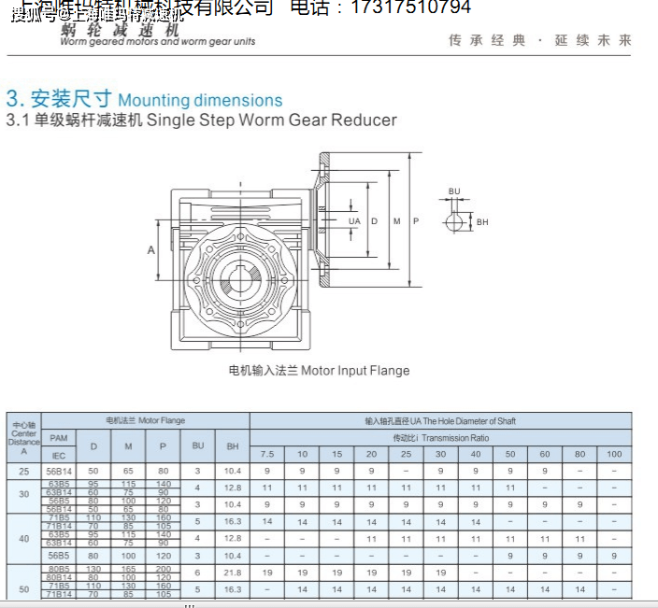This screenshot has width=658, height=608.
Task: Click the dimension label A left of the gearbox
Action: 150,249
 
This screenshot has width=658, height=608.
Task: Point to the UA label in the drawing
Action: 354,221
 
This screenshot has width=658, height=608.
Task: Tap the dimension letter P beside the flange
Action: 416,221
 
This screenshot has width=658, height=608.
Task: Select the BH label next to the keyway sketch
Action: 482,222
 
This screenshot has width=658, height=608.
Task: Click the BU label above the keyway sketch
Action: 454,191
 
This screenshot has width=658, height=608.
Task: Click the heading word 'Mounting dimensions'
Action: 200,100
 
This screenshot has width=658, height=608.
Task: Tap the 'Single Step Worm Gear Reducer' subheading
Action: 272,120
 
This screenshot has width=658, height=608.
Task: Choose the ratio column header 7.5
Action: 266,454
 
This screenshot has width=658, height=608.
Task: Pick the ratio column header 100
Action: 613,454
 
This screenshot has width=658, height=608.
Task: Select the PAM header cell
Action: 59,437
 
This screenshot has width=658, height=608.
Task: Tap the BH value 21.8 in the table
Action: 233,572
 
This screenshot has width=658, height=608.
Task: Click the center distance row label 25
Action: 23,471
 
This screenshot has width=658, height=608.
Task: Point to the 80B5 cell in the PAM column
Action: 59,568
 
